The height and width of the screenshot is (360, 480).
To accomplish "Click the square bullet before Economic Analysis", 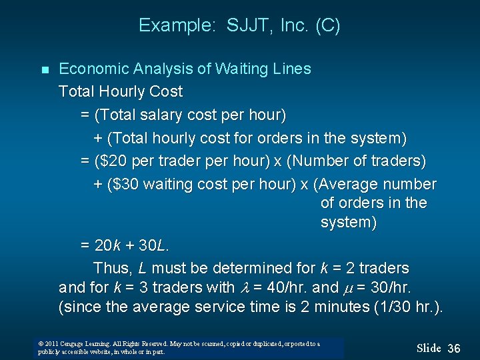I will click(45, 70).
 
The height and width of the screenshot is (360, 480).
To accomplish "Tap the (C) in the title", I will click(327, 26).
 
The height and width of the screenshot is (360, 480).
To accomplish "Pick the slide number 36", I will click(454, 348).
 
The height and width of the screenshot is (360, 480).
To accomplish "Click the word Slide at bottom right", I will click(429, 348).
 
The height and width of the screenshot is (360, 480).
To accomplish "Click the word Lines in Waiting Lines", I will click(292, 69).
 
